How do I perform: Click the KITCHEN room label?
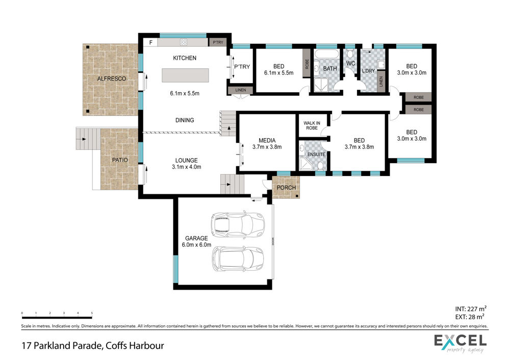pyautogui.click(x=185, y=58)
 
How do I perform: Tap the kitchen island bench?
pyautogui.click(x=186, y=75)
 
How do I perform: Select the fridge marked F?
pyautogui.click(x=150, y=42)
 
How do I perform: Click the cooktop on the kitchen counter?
pyautogui.click(x=184, y=42)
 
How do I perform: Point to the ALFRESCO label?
pyautogui.click(x=112, y=79)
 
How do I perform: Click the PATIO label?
pyautogui.click(x=120, y=160)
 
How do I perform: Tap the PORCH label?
pyautogui.click(x=286, y=188)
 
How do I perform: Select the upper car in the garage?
pyautogui.click(x=238, y=224)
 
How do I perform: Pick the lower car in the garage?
pyautogui.click(x=238, y=259)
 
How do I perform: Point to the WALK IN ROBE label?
pyautogui.click(x=312, y=125)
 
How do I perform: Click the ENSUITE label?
pyautogui.click(x=316, y=154)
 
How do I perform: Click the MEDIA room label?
pyautogui.click(x=267, y=141)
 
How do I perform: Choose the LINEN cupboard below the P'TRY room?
pyautogui.click(x=240, y=90)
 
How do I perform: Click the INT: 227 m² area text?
pyautogui.click(x=471, y=309)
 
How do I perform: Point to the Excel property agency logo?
pyautogui.click(x=460, y=343)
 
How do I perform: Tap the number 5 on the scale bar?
pyautogui.click(x=92, y=313)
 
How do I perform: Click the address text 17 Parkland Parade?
pyautogui.click(x=62, y=345)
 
